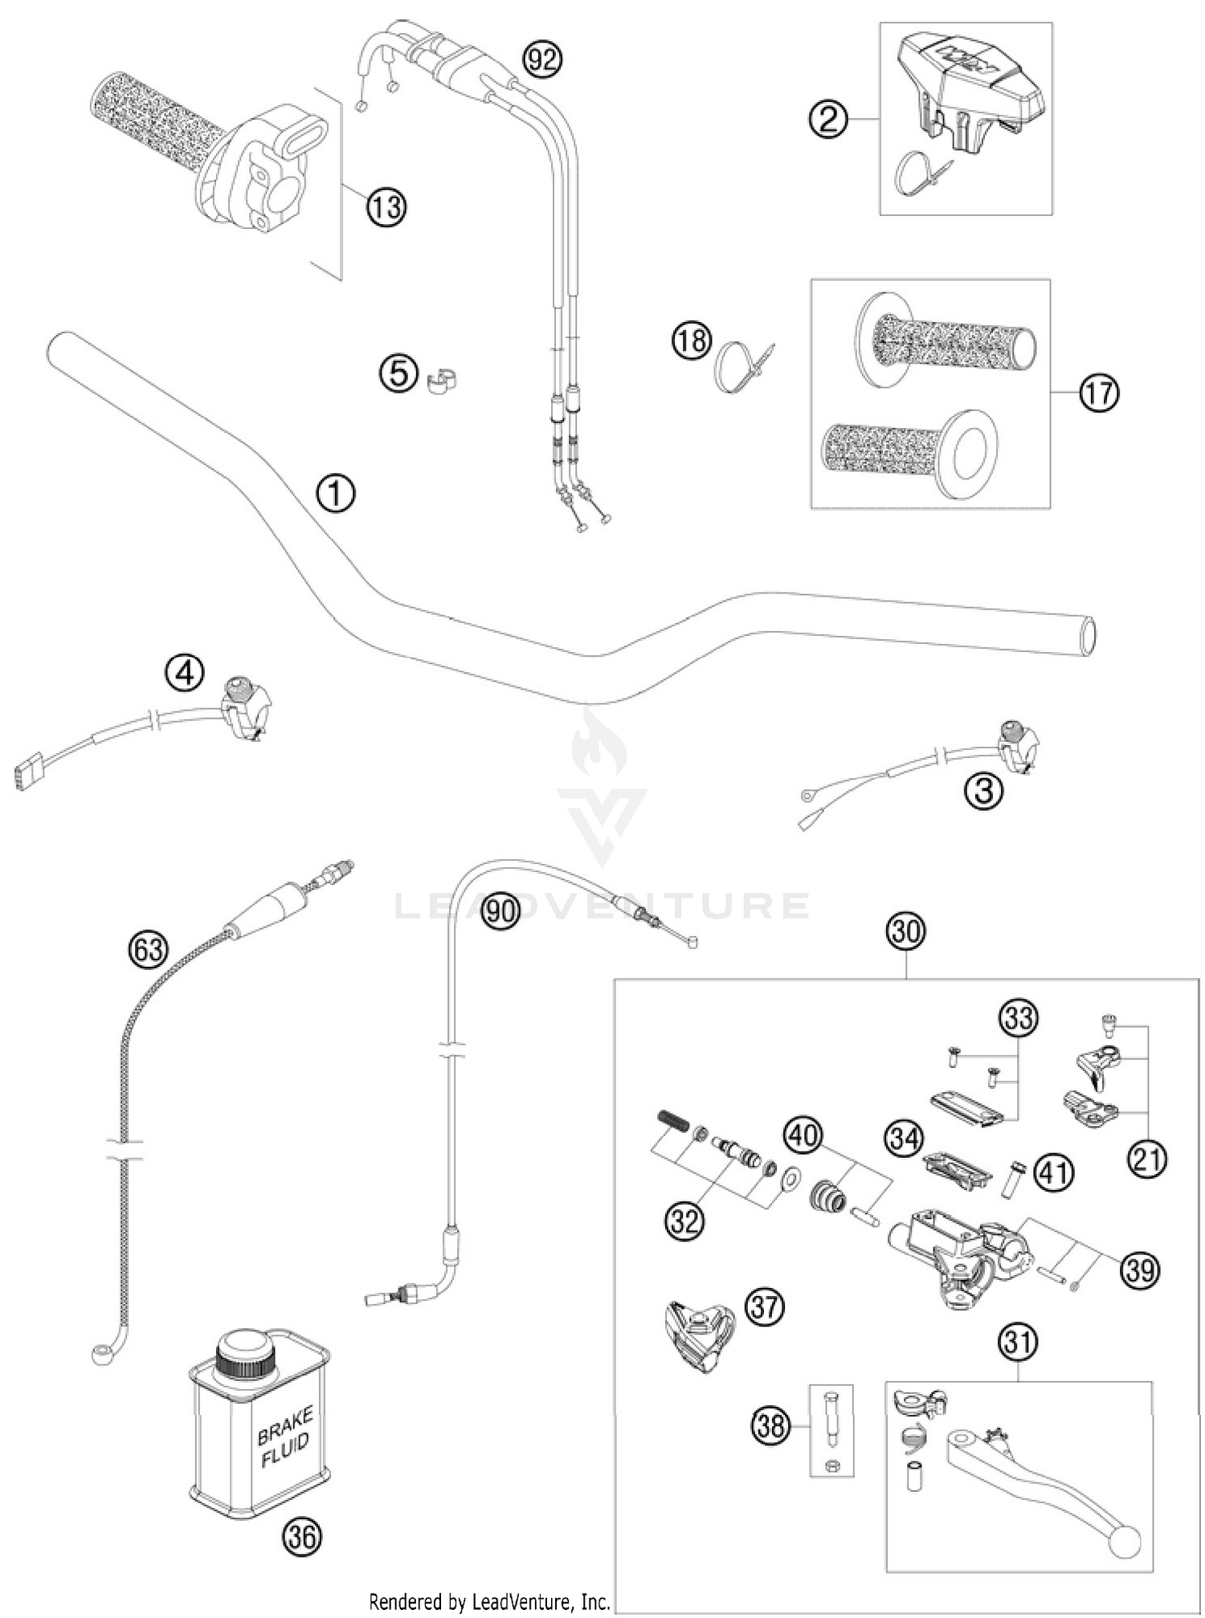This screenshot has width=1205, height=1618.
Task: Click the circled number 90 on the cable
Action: [500, 911]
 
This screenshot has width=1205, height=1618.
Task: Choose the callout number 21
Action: [1146, 1159]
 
